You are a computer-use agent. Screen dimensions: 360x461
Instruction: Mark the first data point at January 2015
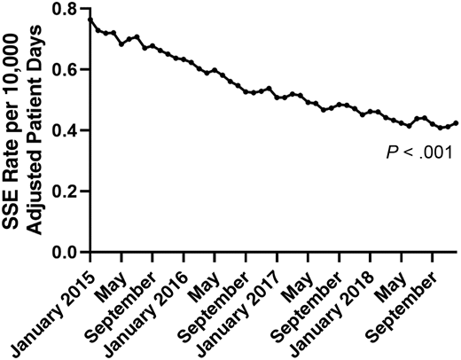tap(90, 20)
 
